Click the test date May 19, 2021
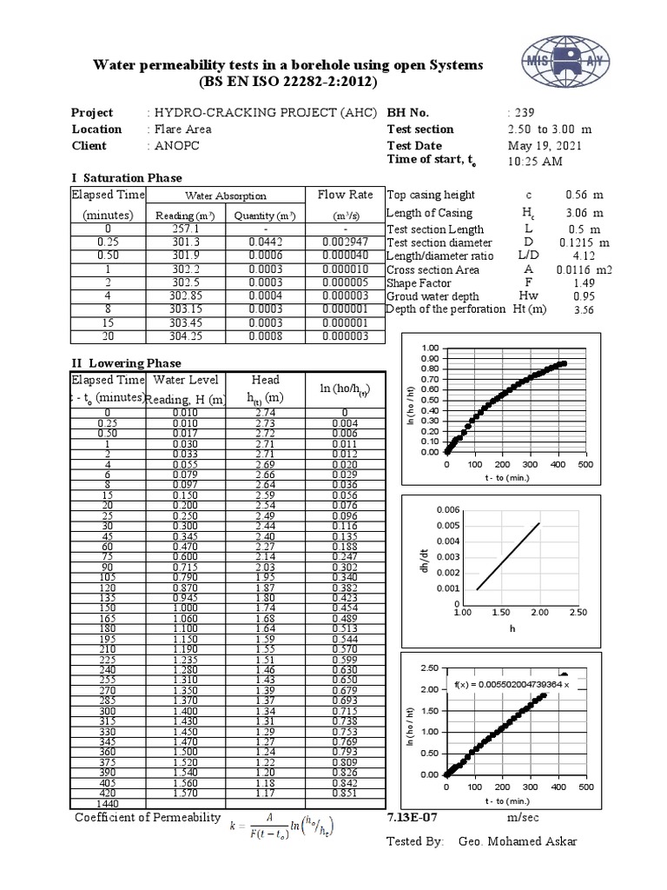click(x=545, y=146)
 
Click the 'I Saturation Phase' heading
click(x=127, y=178)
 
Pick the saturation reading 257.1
click(x=187, y=229)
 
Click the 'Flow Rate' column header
click(x=345, y=196)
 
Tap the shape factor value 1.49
click(x=584, y=283)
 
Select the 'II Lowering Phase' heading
click(x=126, y=363)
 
